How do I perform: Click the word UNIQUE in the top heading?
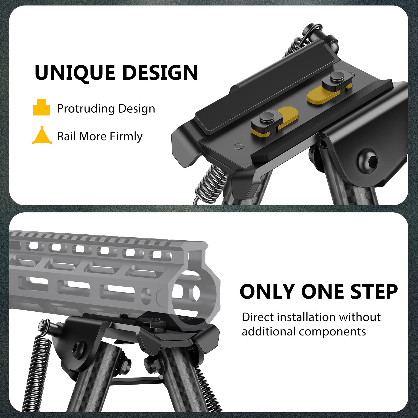coord(75,73)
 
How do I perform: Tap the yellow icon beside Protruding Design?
coord(41,107)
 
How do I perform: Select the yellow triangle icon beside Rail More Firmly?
coord(42,136)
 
